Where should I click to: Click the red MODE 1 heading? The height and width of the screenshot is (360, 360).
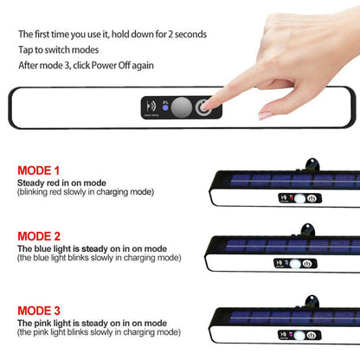tap(38, 170)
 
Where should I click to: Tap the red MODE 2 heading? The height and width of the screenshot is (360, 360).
tap(39, 236)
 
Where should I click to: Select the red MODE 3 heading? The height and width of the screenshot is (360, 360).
tap(39, 311)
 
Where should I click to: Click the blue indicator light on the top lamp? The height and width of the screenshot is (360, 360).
tap(165, 107)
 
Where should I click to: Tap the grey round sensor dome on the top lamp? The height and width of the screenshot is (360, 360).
tap(182, 107)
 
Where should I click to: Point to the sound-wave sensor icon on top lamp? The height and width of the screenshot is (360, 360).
tap(151, 106)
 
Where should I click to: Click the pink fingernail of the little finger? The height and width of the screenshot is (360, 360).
tap(266, 116)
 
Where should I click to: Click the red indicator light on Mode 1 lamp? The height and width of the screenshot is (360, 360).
tap(292, 198)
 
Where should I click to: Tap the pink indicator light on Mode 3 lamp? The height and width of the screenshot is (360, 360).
tap(291, 335)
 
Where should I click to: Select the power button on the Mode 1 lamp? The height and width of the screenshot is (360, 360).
tap(312, 198)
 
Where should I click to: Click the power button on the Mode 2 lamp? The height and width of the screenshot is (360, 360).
tap(306, 264)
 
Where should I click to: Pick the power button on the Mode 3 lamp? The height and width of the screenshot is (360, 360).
tap(311, 336)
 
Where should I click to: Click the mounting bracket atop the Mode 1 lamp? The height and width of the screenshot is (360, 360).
tap(312, 164)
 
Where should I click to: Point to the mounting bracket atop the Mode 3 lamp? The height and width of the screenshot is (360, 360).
tap(312, 301)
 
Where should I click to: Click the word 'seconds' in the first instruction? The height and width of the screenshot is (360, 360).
tap(190, 35)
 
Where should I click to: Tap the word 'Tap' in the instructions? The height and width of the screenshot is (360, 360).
tap(26, 50)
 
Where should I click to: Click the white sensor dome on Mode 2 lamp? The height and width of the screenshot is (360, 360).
tap(295, 264)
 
